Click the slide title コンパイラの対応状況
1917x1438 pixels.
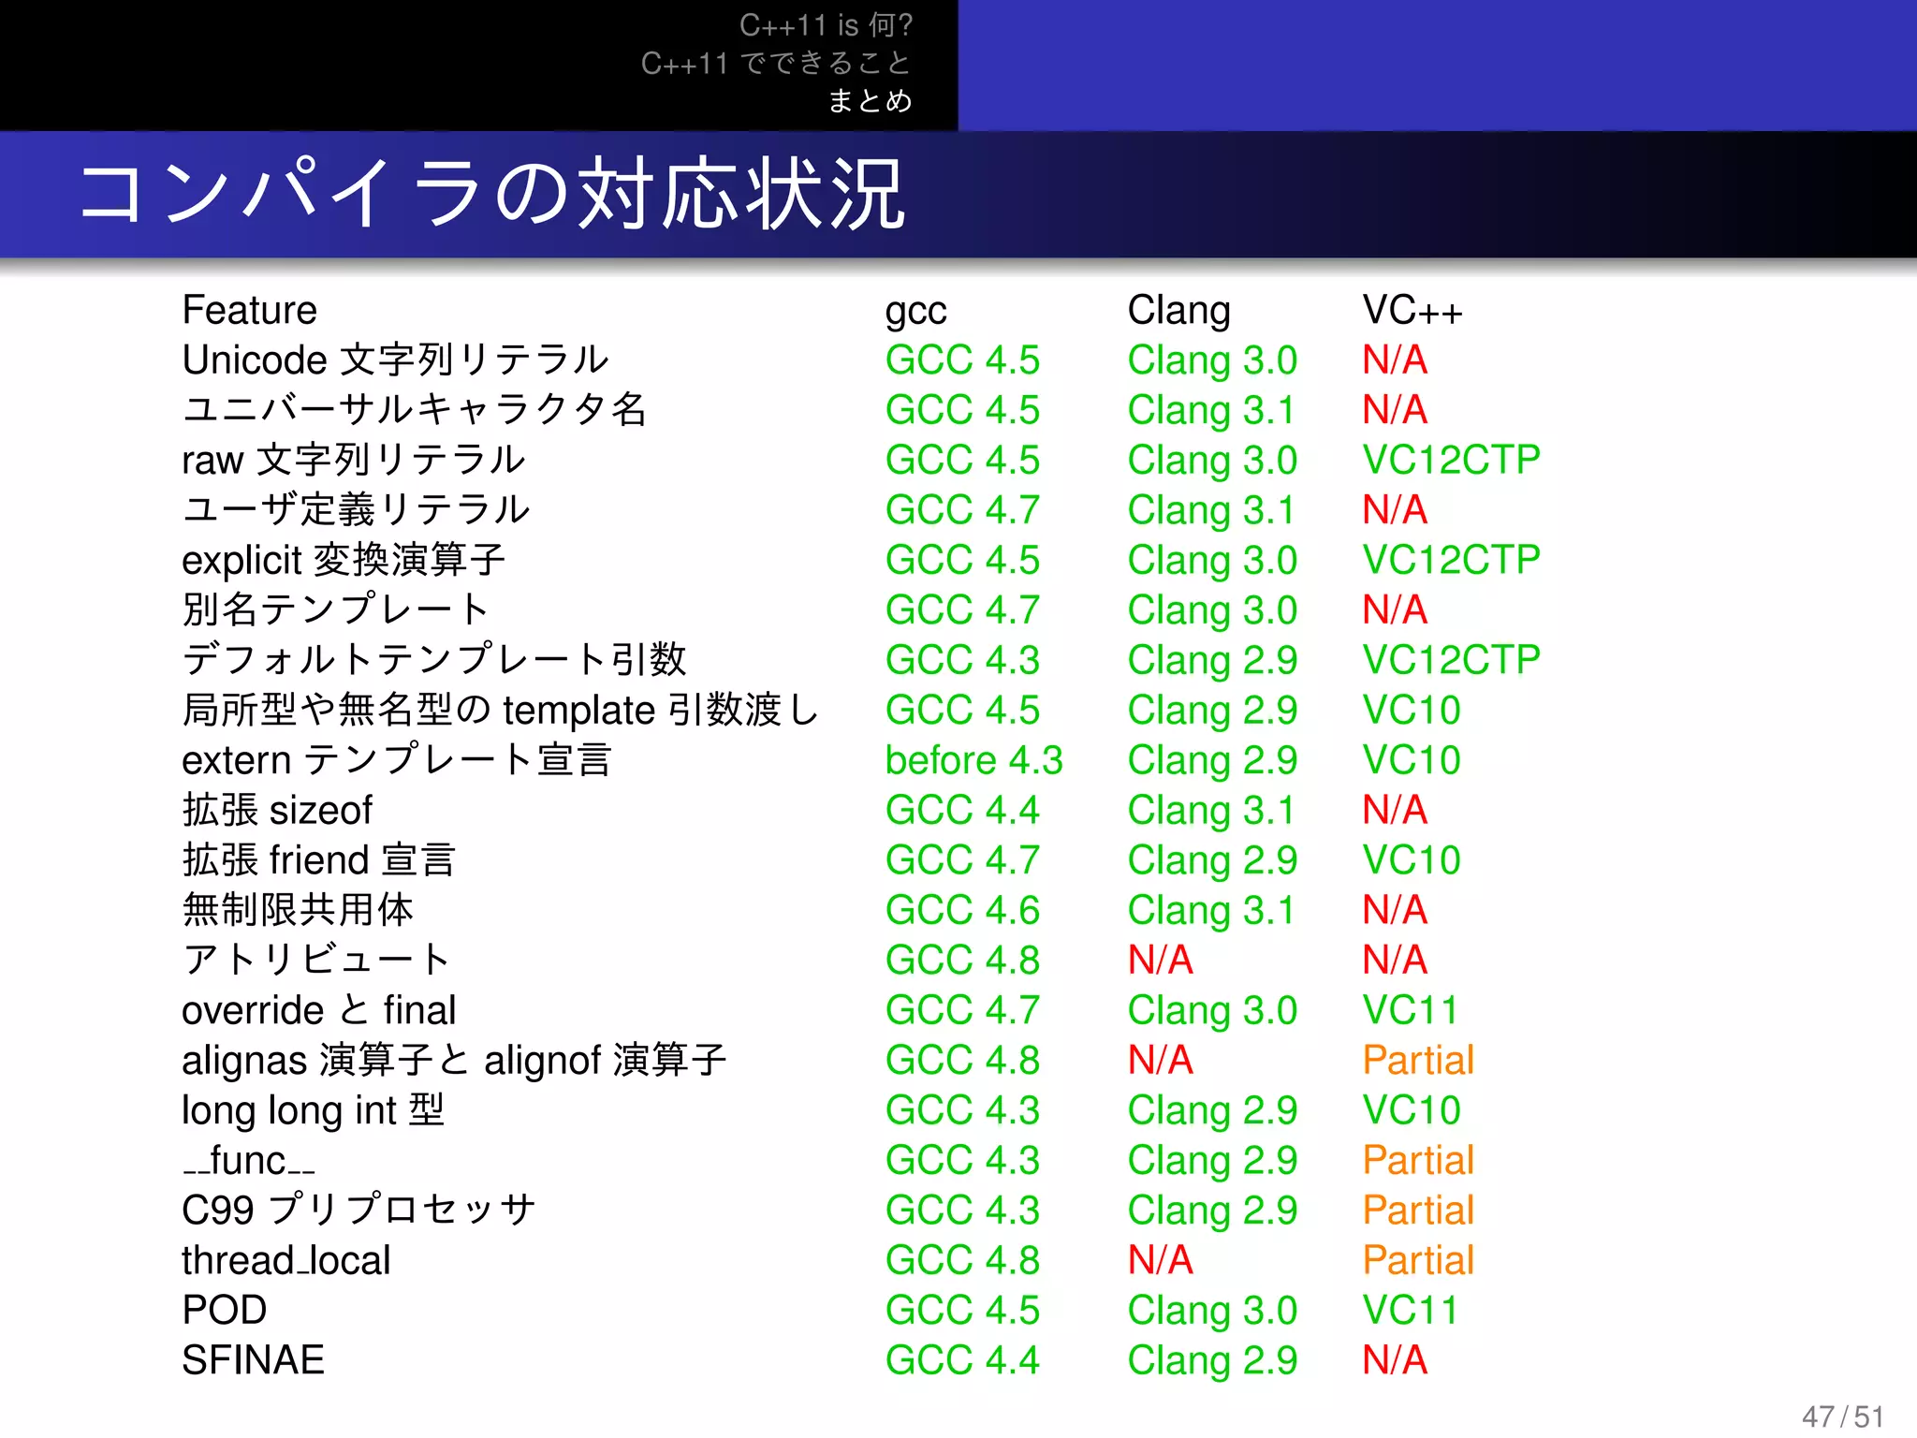click(492, 195)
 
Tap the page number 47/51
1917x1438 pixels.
click(1842, 1416)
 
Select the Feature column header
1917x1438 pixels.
click(250, 310)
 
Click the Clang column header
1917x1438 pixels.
click(1178, 310)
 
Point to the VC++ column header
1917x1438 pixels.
click(1412, 310)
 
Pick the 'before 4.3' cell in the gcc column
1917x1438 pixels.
click(973, 760)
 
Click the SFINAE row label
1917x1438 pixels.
click(253, 1360)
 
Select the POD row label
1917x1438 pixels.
click(225, 1310)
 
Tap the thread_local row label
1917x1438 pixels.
click(285, 1260)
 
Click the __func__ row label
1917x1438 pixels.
click(249, 1161)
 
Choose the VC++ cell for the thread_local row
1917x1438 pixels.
click(1418, 1260)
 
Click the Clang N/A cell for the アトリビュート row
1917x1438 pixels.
click(1161, 960)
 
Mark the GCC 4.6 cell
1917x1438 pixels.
click(962, 910)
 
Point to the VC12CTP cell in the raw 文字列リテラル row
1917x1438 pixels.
click(1451, 460)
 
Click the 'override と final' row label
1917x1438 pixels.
click(318, 1010)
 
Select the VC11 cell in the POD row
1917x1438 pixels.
click(1410, 1310)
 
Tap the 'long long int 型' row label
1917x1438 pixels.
click(313, 1110)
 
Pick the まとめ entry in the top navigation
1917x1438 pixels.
click(870, 100)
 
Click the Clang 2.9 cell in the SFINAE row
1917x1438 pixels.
click(1212, 1360)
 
